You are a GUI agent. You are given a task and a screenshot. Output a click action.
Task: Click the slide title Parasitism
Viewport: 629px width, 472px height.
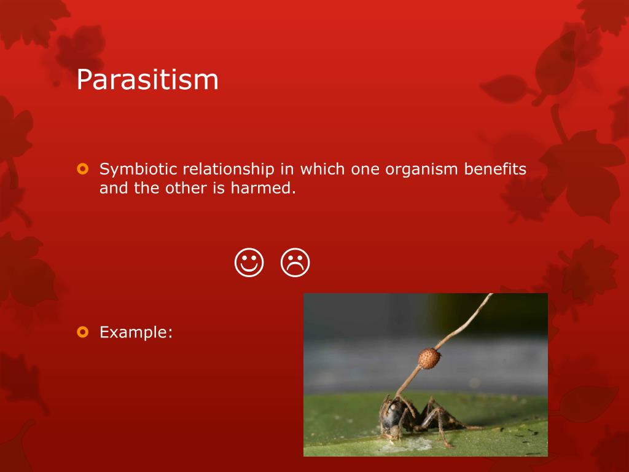pos(147,79)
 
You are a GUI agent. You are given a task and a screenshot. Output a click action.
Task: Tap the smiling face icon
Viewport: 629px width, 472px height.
pos(249,262)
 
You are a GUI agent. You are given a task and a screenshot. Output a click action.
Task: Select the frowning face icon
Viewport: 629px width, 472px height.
pos(295,262)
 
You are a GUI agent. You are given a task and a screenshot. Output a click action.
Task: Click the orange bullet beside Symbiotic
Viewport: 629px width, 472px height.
pos(83,168)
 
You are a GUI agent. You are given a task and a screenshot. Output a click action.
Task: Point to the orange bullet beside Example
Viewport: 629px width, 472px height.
pos(83,332)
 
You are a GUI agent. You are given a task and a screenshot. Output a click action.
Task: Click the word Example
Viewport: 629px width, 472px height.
pos(136,332)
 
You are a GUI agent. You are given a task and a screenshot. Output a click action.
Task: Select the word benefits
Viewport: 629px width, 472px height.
pos(495,169)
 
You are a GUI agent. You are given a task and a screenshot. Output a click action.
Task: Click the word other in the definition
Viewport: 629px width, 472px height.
pos(186,188)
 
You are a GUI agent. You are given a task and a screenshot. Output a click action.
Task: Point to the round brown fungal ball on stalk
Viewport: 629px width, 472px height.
pos(429,358)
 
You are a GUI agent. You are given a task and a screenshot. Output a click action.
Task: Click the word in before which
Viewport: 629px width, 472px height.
pos(287,169)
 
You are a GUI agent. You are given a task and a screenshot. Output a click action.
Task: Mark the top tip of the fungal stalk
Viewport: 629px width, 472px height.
pos(491,294)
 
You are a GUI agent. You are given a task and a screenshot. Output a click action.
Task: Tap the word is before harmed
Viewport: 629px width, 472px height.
pos(219,188)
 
